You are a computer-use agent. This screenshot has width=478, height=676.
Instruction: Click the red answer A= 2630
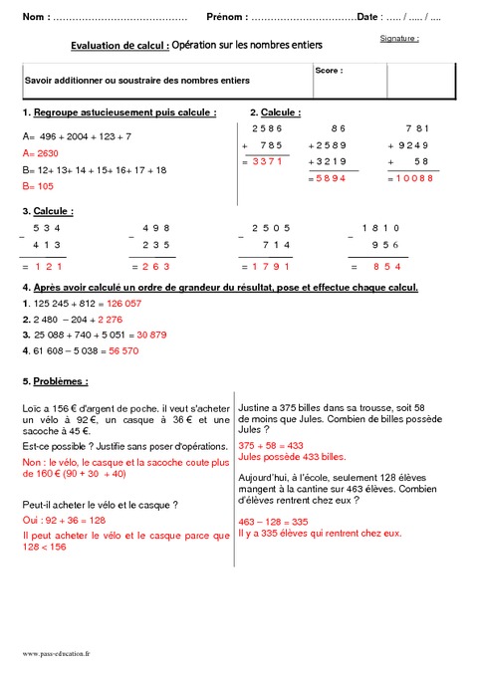coord(41,153)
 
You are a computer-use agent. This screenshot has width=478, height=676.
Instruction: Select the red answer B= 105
coord(38,186)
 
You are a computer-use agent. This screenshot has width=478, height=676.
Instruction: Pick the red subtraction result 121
coord(47,267)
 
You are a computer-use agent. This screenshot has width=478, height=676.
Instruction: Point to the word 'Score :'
coord(329,72)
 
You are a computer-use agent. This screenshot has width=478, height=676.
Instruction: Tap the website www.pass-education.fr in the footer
coord(56,653)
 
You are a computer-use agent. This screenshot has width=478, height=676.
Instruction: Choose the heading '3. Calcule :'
coord(48,211)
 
